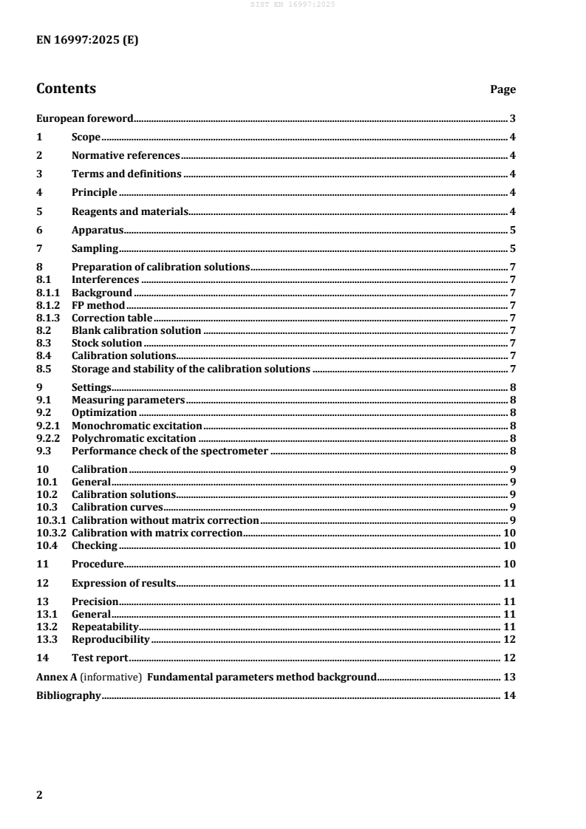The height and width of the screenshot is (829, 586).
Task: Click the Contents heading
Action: (66, 89)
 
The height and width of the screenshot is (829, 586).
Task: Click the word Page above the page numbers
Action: (502, 89)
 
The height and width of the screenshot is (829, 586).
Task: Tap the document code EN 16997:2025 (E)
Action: (87, 41)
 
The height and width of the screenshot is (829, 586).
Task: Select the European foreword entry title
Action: (85, 118)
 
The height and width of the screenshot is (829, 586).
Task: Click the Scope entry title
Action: (86, 137)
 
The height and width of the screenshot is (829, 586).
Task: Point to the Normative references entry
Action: (126, 155)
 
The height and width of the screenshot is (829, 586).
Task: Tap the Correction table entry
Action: (112, 318)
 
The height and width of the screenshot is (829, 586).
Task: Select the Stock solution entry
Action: (106, 343)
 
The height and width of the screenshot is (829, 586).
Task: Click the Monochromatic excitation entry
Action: (137, 426)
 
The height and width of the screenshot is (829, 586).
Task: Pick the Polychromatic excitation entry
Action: (134, 438)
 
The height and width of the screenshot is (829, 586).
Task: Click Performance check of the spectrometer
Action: (169, 451)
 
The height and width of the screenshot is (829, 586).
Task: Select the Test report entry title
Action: (100, 658)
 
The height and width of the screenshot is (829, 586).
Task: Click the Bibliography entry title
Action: (69, 695)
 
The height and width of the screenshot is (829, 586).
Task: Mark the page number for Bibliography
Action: (509, 695)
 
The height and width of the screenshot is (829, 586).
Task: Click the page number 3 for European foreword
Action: (512, 118)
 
